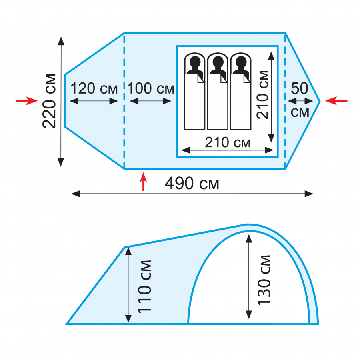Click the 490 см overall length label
click(x=192, y=184)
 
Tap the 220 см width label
click(x=49, y=101)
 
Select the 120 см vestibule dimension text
click(x=94, y=88)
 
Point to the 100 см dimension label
click(x=151, y=88)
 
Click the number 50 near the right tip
click(x=299, y=88)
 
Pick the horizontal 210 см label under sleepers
click(x=227, y=142)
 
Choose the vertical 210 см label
click(x=262, y=94)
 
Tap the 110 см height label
click(x=144, y=287)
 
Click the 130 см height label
click(x=264, y=280)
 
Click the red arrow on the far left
click(x=26, y=100)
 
